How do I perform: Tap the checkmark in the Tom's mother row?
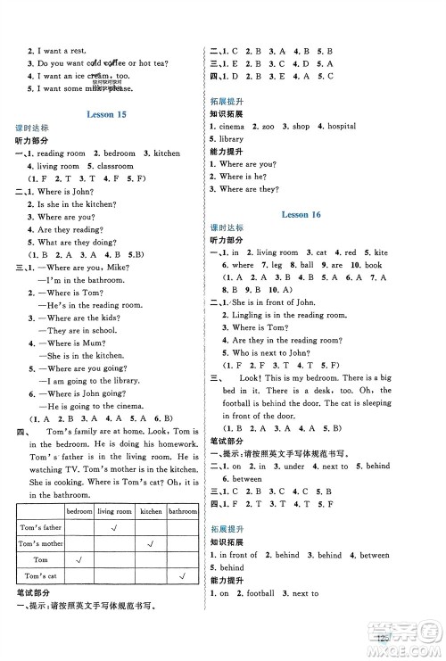[x=151, y=545]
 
